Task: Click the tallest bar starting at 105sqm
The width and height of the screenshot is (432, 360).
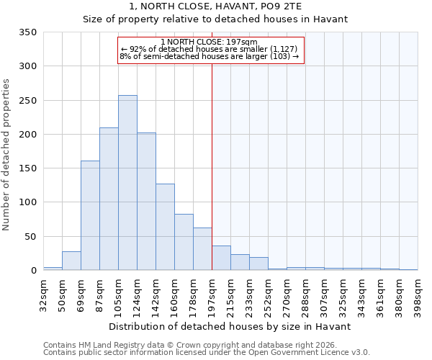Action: (127, 183)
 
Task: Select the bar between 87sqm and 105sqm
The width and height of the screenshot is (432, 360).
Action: (109, 199)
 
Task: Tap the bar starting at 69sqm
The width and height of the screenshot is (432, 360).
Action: (90, 215)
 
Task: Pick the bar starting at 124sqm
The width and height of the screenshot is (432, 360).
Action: (146, 202)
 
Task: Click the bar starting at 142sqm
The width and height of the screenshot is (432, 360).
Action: (165, 227)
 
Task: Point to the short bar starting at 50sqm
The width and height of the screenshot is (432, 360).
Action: (71, 261)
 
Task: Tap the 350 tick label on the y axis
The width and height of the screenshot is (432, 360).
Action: (27, 32)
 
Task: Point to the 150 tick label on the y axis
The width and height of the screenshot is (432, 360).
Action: (27, 168)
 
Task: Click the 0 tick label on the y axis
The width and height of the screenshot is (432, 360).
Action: (33, 271)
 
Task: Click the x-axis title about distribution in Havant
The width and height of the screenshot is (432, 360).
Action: (230, 326)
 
